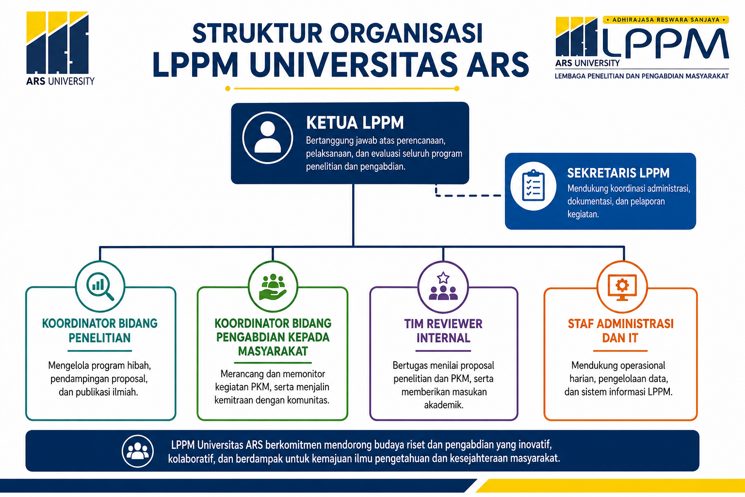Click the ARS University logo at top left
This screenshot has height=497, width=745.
(60, 48)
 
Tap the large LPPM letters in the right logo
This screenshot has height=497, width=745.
(665, 43)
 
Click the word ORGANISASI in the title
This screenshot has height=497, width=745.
(406, 33)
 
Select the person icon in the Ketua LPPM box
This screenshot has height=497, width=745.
(268, 137)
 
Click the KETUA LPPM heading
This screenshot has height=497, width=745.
(355, 122)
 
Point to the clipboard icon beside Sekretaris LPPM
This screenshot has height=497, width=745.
(534, 186)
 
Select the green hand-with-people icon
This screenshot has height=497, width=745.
(273, 287)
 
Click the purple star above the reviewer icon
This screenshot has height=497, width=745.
(443, 278)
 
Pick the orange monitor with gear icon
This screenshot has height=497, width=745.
(622, 287)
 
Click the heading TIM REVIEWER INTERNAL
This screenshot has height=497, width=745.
(443, 331)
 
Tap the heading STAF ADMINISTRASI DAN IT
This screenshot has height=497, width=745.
(621, 331)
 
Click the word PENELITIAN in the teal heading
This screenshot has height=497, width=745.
(99, 338)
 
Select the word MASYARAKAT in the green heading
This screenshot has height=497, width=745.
(273, 351)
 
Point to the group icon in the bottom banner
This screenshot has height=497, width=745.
(138, 451)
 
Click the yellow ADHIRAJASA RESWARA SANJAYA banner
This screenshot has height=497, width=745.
(665, 19)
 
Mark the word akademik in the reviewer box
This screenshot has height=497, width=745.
(444, 405)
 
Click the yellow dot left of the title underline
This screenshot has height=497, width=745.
(228, 88)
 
